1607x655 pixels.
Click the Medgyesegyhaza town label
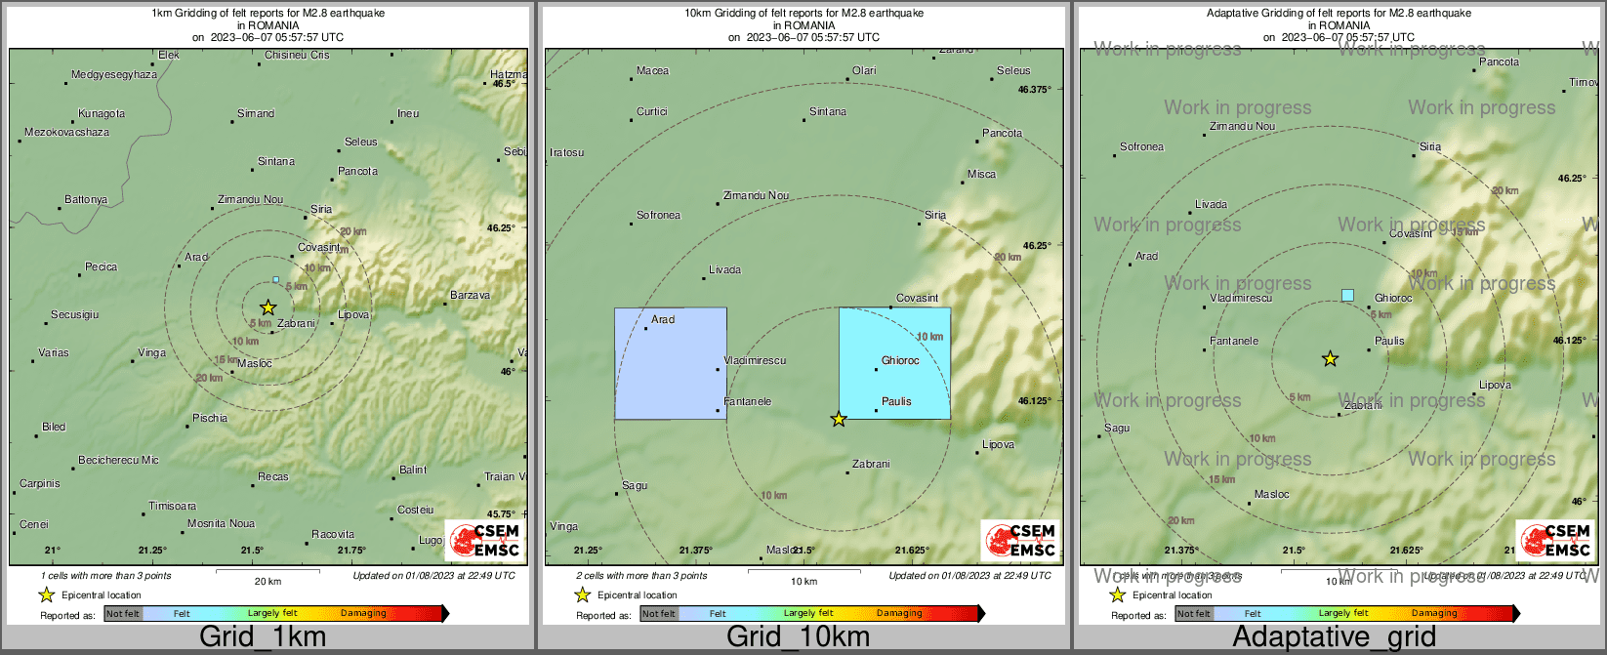point(114,75)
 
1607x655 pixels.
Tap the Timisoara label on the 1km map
point(173,507)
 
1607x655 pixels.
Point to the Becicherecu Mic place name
point(118,460)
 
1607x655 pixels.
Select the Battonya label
point(86,200)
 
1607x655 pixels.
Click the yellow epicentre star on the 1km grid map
point(268,307)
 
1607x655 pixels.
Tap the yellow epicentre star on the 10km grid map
point(839,419)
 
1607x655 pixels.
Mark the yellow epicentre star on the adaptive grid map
point(1330,359)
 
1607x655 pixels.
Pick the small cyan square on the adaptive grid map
point(1348,295)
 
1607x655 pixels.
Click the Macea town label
point(653,71)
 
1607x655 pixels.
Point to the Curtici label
point(652,112)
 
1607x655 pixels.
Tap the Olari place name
point(864,71)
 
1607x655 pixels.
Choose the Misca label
point(982,175)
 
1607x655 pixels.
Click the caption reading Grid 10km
point(798,637)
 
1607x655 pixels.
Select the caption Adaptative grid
point(1334,637)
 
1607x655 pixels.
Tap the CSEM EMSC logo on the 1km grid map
point(485,541)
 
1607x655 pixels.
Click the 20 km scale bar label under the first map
point(268,582)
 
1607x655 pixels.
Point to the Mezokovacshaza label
point(67,133)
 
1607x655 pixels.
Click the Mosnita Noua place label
point(222,524)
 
